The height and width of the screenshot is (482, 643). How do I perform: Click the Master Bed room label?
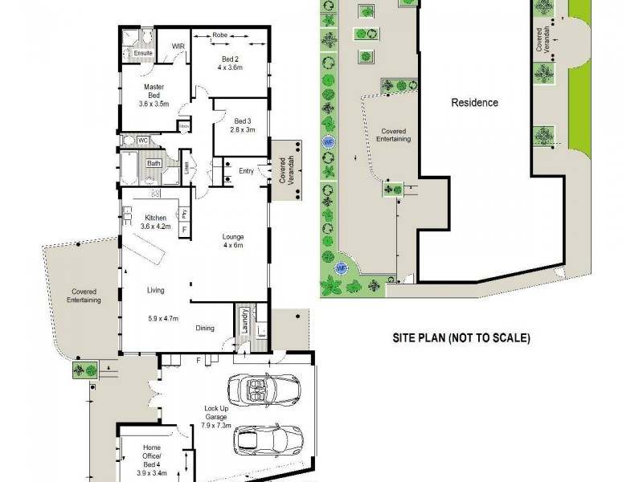[154, 95]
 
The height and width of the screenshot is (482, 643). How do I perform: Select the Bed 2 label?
[230, 63]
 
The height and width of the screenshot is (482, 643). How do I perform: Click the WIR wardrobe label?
[179, 47]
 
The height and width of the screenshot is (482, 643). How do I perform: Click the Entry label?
[248, 170]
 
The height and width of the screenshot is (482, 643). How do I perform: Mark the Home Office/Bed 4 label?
[152, 456]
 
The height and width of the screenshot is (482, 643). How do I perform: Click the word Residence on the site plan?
[474, 103]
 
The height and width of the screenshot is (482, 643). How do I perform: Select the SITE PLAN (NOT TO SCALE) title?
[461, 338]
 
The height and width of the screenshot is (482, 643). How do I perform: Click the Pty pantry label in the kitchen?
[185, 214]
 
